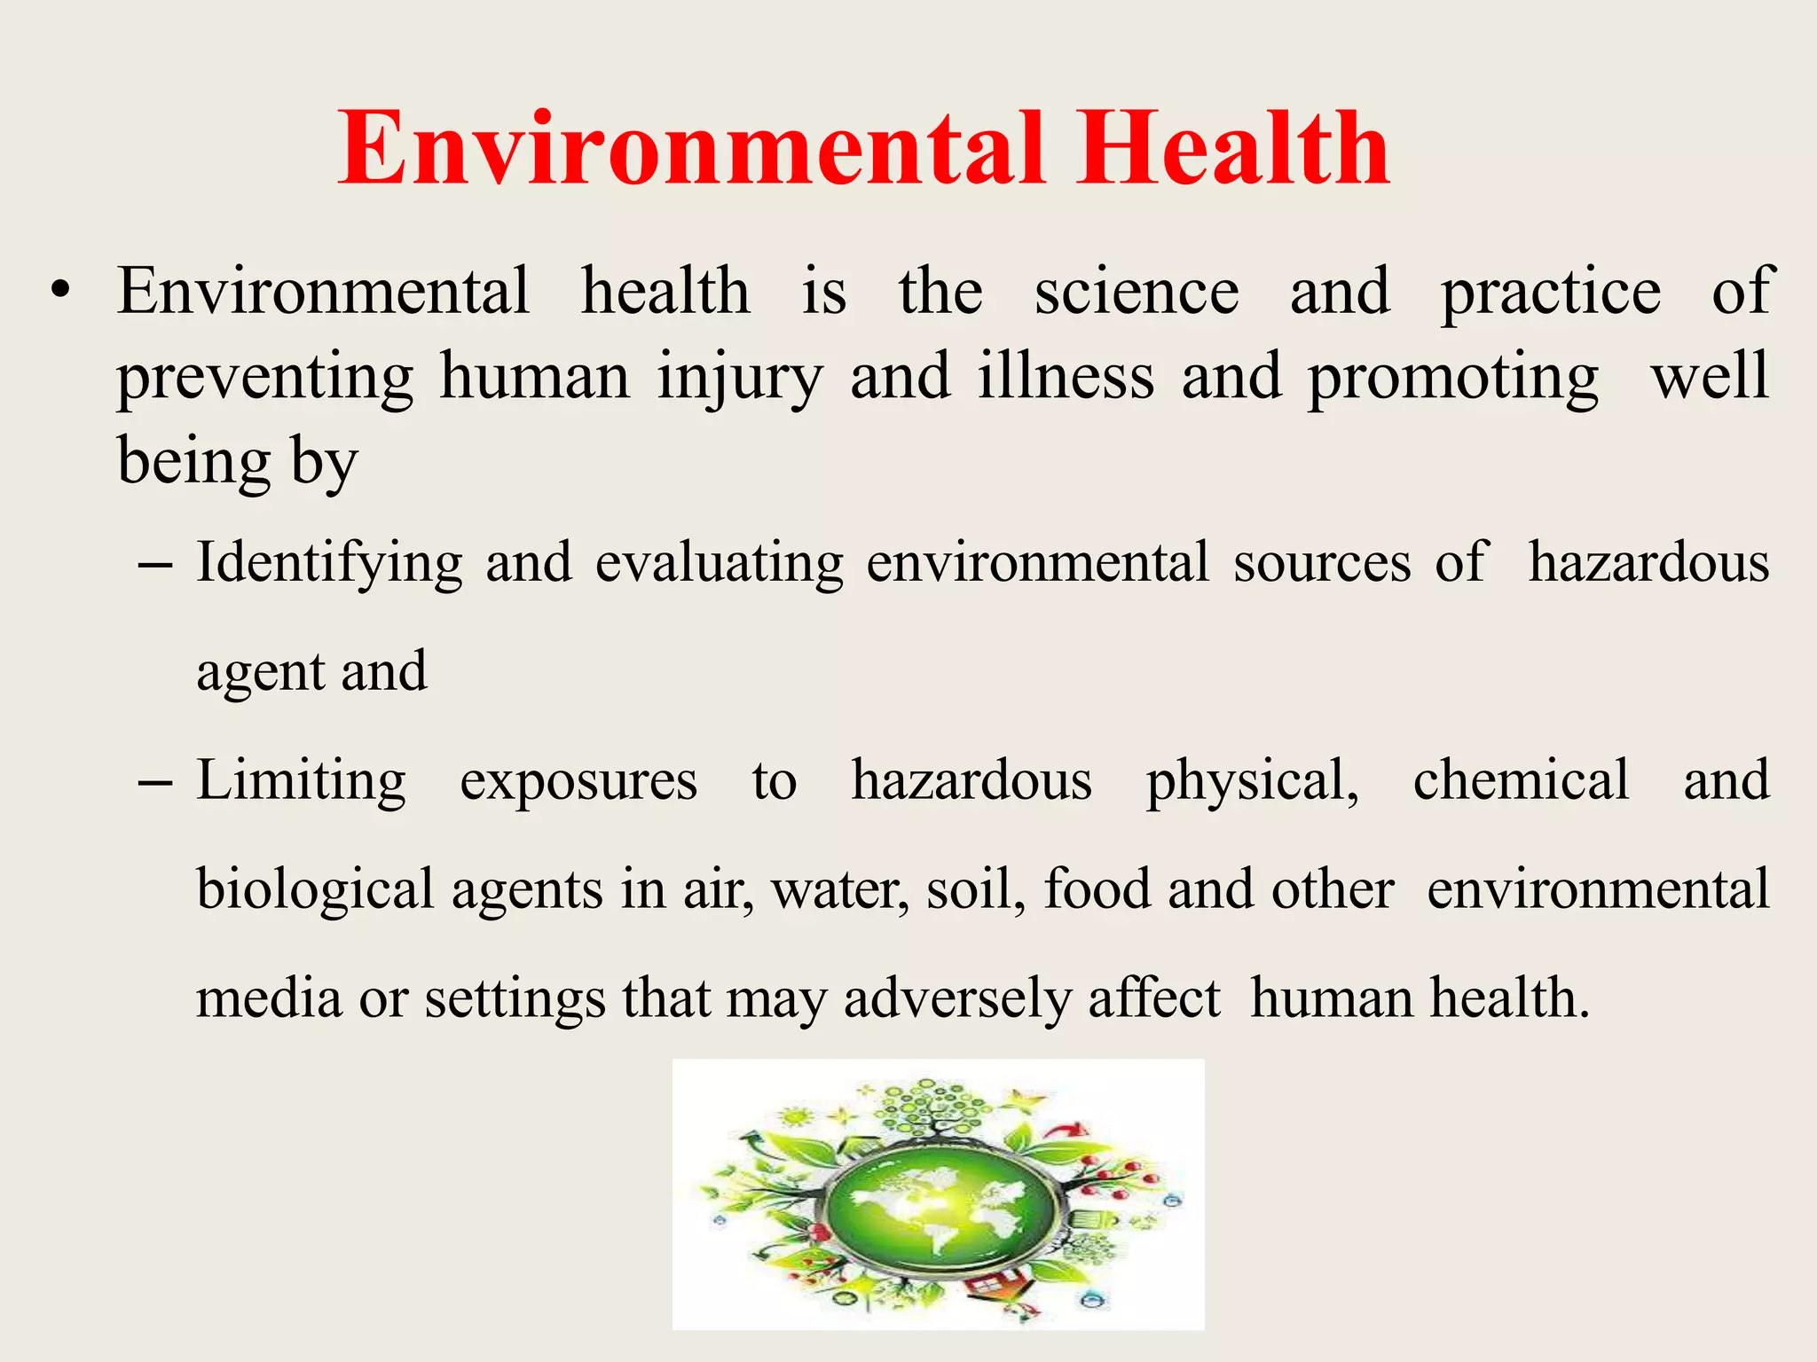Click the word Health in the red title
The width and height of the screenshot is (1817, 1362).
click(x=1232, y=149)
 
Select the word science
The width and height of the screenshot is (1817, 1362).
click(x=1137, y=292)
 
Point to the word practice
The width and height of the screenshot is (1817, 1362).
click(x=1550, y=294)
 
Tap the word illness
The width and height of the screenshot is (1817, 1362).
click(x=1066, y=377)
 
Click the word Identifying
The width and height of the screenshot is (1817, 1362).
click(x=329, y=564)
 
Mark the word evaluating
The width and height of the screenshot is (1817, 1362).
click(x=720, y=564)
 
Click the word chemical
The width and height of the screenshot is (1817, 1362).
click(x=1521, y=780)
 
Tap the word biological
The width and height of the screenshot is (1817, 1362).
click(x=315, y=890)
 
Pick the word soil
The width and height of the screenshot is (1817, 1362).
click(x=975, y=889)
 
